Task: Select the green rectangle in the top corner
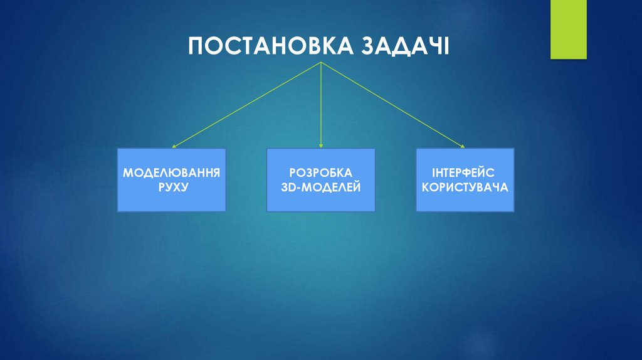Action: click(568, 29)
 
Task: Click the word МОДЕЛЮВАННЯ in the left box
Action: click(172, 172)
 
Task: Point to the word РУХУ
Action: click(172, 187)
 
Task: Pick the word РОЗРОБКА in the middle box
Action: click(321, 172)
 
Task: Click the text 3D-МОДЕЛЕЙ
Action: click(321, 187)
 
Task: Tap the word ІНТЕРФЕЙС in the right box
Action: click(465, 172)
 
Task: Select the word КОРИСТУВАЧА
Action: click(465, 187)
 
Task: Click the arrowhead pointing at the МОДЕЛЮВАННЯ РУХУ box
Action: click(174, 147)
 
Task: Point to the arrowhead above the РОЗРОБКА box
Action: click(321, 146)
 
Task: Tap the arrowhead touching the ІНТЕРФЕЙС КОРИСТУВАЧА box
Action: click(463, 147)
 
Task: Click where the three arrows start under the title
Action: click(321, 63)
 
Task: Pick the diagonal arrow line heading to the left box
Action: click(248, 105)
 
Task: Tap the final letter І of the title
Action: click(446, 47)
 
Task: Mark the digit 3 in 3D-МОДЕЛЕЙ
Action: click(285, 187)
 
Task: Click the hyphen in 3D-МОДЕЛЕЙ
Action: click(299, 188)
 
